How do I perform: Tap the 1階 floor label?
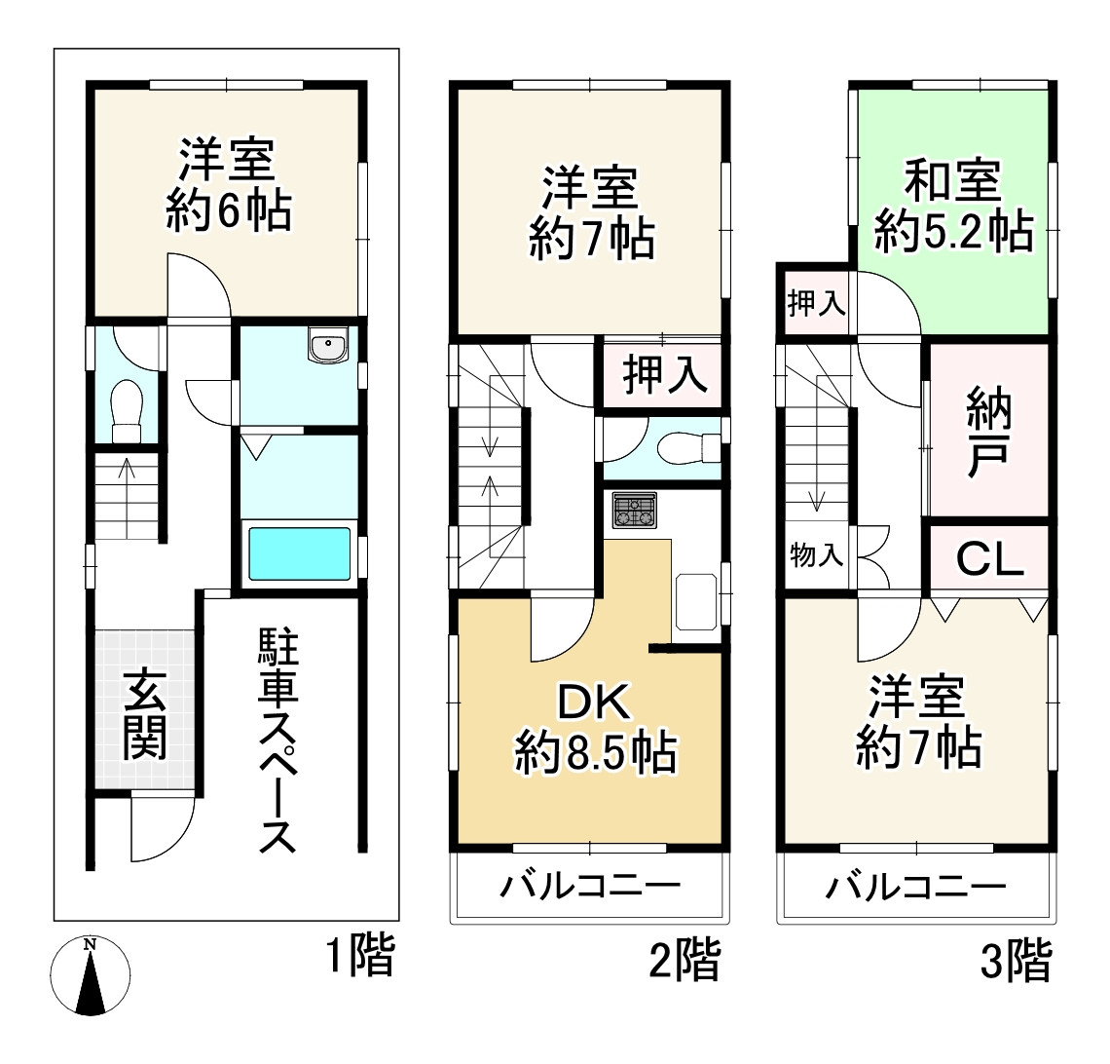pyautogui.click(x=359, y=957)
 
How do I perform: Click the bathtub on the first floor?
pyautogui.click(x=299, y=553)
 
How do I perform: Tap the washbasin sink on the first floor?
pyautogui.click(x=328, y=346)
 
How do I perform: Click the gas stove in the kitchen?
pyautogui.click(x=634, y=511)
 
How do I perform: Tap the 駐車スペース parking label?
pyautogui.click(x=277, y=741)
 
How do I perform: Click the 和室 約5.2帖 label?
pyautogui.click(x=953, y=206)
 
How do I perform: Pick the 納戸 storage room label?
pyautogui.click(x=989, y=432)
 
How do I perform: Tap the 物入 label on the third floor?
pyautogui.click(x=816, y=556)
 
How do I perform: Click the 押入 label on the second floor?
pyautogui.click(x=665, y=374)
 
